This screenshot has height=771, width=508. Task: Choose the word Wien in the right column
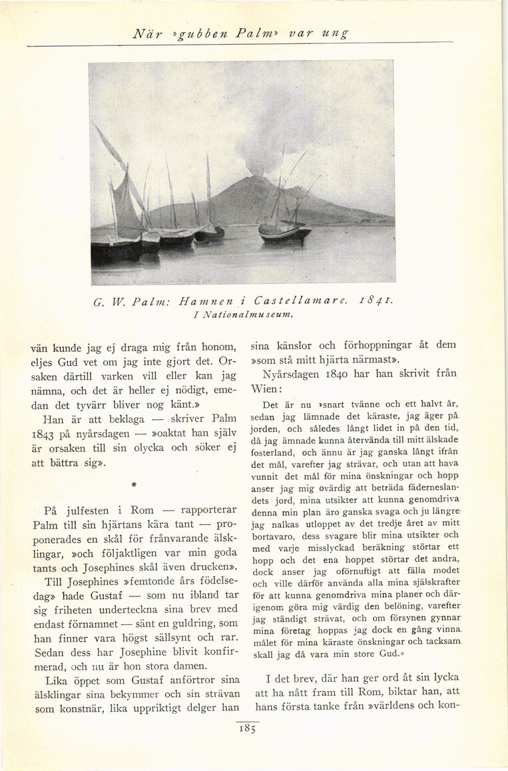pyautogui.click(x=264, y=388)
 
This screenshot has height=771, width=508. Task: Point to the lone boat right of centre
pyautogui.click(x=285, y=230)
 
